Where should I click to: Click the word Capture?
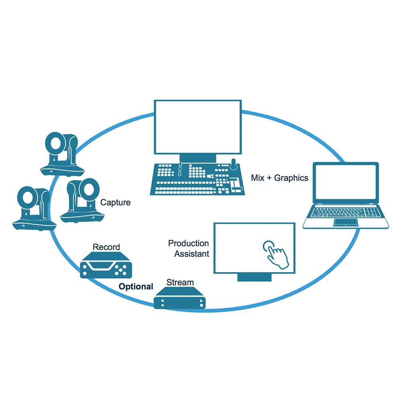coord(115,203)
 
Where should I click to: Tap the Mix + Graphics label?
coord(279,178)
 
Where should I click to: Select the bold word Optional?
coord(135,287)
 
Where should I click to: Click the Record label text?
coord(106,247)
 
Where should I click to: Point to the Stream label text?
coord(180,282)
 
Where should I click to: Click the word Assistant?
coord(191,254)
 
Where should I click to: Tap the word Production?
coord(188,243)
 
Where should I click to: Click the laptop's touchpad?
coord(345,222)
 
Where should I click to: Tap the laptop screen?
coord(346,183)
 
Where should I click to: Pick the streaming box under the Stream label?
coord(180,298)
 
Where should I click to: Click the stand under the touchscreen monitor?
coord(254,277)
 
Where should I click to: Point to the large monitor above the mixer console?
coord(198,127)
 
